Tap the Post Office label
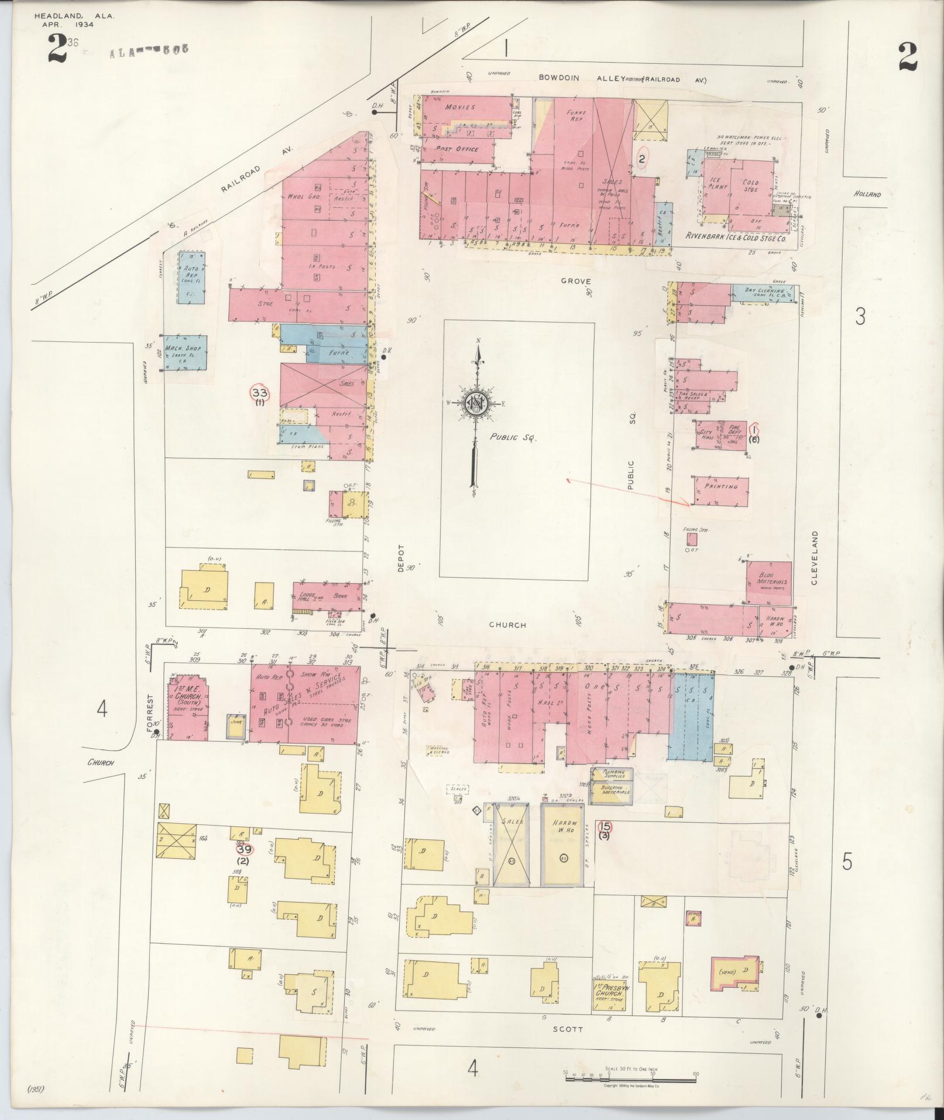(457, 149)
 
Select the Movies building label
(461, 107)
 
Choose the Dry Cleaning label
(764, 291)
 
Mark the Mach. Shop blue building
(185, 352)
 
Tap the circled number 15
(605, 827)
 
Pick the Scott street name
(567, 1029)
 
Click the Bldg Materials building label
(768, 578)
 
